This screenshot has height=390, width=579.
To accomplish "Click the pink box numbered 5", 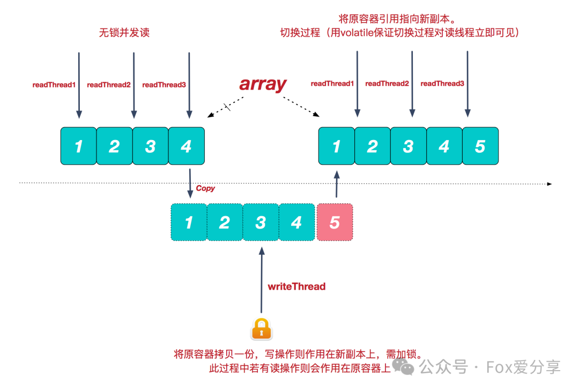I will [x=335, y=222].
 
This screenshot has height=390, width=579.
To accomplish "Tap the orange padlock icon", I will [x=261, y=329].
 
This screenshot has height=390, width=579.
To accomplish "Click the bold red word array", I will [x=263, y=84].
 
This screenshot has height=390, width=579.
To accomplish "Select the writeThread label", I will [x=296, y=286].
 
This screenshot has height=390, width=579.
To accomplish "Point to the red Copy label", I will [x=205, y=188].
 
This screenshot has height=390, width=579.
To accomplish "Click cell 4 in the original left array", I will [x=186, y=146].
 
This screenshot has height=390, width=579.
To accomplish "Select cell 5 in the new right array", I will [x=480, y=146].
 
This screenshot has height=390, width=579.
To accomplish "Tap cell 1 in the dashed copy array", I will [x=189, y=222].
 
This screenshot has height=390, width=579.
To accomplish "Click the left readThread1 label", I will [x=54, y=84].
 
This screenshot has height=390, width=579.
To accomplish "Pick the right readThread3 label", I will [x=442, y=84].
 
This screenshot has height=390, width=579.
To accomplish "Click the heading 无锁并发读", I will [x=124, y=33].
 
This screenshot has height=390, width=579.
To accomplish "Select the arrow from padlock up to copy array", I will [x=261, y=279].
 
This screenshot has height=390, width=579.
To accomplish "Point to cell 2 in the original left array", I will [x=114, y=146].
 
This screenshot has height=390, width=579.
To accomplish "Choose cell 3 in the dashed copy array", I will [x=261, y=222].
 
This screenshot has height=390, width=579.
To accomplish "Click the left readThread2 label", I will [x=109, y=84].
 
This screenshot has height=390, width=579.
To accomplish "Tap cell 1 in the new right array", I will [x=336, y=146].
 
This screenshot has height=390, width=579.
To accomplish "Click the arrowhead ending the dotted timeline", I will [x=550, y=184].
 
